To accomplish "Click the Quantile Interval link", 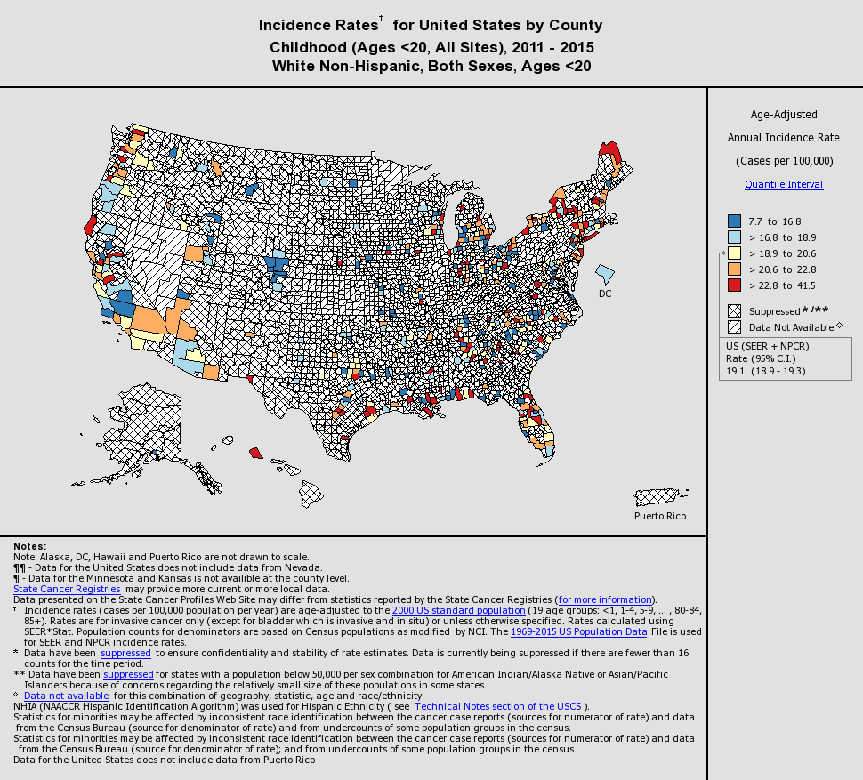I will (x=783, y=184).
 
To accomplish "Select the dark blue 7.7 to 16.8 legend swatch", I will (x=734, y=221).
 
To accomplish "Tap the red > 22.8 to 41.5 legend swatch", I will (x=734, y=285).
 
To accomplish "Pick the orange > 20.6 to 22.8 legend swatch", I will (x=734, y=269).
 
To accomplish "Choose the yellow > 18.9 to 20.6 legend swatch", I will (x=734, y=253).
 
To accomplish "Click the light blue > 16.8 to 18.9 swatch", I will (x=734, y=237).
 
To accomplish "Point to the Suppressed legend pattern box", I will (x=734, y=311).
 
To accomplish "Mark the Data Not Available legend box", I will (x=734, y=327).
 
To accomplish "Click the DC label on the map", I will (x=605, y=294).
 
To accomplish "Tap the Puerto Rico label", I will (x=659, y=516).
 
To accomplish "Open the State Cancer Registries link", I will (x=67, y=589).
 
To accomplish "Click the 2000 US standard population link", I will (x=458, y=611).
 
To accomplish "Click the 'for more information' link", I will (x=605, y=599).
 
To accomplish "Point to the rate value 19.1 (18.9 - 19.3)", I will (x=766, y=371).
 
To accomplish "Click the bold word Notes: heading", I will (x=30, y=546).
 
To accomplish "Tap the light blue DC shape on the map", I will (x=606, y=272).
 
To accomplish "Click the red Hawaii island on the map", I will (x=255, y=453).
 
